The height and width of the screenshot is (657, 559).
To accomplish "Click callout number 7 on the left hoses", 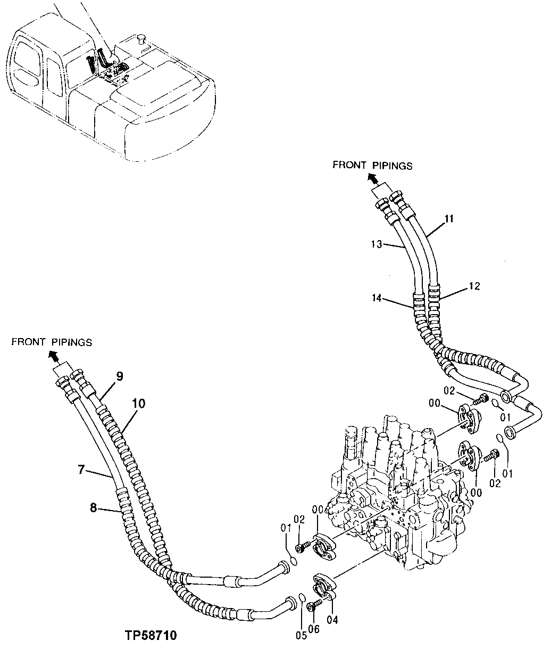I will tap(81, 469).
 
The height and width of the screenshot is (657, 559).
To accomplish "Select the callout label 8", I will tap(94, 508).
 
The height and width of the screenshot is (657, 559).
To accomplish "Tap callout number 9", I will tap(120, 376).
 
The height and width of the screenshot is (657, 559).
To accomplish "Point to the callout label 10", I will tap(138, 403).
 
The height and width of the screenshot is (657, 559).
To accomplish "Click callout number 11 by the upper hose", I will tap(449, 218).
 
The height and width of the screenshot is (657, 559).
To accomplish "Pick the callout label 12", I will tap(474, 286).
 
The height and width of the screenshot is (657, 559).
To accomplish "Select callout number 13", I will tap(377, 244).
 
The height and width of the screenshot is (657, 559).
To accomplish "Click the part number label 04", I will tap(333, 619).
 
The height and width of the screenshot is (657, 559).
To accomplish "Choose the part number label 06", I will tap(314, 629).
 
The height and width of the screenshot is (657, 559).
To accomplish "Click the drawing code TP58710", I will tap(151, 636).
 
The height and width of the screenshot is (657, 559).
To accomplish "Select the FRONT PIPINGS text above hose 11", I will tap(372, 165).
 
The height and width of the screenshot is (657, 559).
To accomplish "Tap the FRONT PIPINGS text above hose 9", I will tap(52, 342).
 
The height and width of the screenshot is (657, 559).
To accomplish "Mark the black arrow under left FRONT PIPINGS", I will tap(53, 355).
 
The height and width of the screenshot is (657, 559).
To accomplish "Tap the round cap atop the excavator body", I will tap(141, 38).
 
